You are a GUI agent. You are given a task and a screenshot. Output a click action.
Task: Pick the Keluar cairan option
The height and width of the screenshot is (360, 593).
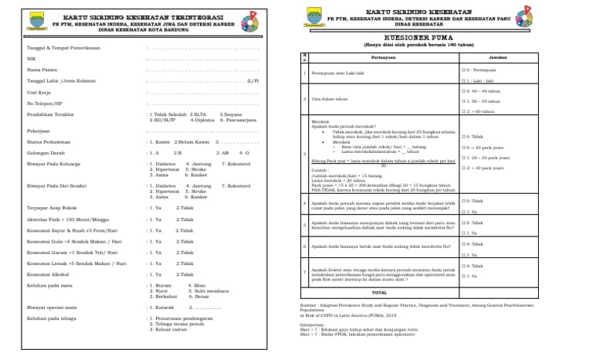click(x=168, y=328)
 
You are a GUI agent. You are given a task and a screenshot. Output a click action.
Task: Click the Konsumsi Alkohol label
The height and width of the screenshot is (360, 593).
click(x=47, y=274)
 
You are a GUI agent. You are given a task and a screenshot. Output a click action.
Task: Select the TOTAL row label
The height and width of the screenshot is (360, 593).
click(x=379, y=293)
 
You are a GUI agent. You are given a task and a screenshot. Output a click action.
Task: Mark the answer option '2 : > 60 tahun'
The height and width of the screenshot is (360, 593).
click(x=481, y=111)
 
